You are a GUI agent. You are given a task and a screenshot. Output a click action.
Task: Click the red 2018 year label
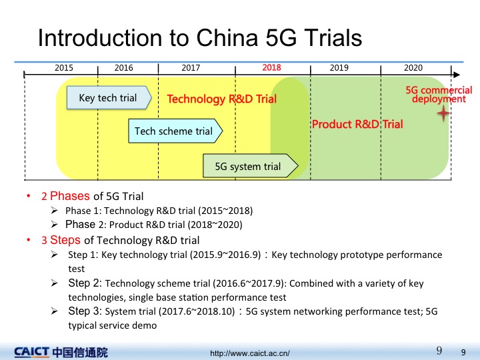[271, 67]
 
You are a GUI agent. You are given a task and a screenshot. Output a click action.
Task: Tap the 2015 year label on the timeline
[64, 67]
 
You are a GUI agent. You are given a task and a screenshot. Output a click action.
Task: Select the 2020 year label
[413, 67]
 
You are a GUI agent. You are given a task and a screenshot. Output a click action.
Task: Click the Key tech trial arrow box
[109, 97]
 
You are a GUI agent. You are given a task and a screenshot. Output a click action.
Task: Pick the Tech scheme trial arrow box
[175, 131]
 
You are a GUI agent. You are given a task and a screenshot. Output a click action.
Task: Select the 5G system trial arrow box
[251, 166]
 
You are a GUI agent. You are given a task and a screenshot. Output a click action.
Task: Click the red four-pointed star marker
[443, 113]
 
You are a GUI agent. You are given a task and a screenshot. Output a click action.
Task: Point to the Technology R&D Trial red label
[221, 99]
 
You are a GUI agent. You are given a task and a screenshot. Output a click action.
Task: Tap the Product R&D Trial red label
[357, 124]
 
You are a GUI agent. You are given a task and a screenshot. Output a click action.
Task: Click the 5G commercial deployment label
[439, 94]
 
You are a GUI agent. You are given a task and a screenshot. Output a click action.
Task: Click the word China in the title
[227, 38]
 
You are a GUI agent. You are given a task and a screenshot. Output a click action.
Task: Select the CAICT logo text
[31, 352]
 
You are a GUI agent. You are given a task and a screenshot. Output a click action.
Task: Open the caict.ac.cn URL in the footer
[250, 353]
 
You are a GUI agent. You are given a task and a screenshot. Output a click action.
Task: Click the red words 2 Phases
[65, 196]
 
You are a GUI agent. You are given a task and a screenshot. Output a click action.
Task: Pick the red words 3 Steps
[61, 240]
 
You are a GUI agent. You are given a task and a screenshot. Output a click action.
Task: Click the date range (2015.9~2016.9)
[225, 255]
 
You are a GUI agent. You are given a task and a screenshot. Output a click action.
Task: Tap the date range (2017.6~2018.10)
[197, 311]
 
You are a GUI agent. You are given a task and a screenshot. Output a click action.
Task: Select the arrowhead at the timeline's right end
[457, 75]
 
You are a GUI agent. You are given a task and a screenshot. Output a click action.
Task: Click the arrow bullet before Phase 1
[55, 211]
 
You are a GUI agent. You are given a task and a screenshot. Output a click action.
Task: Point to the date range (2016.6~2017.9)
[249, 283]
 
